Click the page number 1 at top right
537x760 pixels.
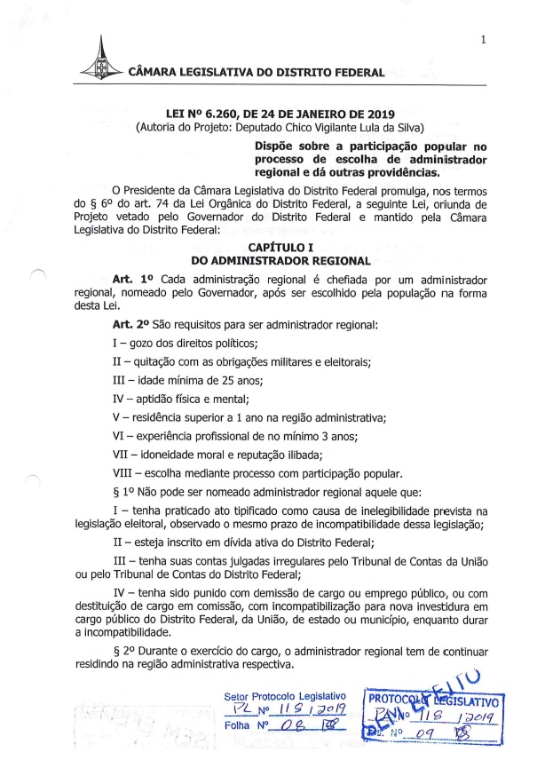pyautogui.click(x=481, y=39)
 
